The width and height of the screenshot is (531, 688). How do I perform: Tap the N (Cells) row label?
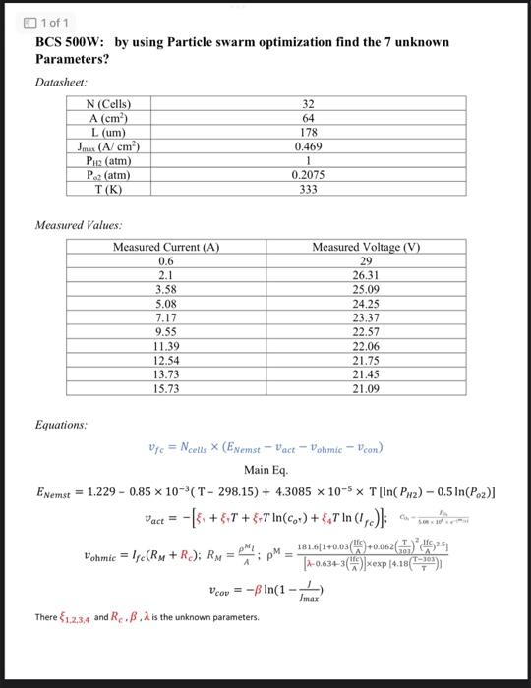[109, 104]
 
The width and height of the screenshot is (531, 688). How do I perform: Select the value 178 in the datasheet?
[308, 132]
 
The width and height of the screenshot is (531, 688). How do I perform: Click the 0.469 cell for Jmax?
[308, 145]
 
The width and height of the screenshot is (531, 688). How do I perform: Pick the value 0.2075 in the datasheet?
[308, 175]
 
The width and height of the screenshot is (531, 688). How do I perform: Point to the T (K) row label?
[109, 189]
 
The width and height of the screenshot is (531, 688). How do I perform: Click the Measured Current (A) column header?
[166, 248]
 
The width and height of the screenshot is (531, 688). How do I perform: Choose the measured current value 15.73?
[166, 389]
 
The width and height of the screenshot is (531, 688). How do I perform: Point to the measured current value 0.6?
[166, 262]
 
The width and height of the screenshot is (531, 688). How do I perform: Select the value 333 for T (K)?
[308, 189]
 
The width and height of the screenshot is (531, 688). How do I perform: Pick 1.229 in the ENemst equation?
[102, 491]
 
